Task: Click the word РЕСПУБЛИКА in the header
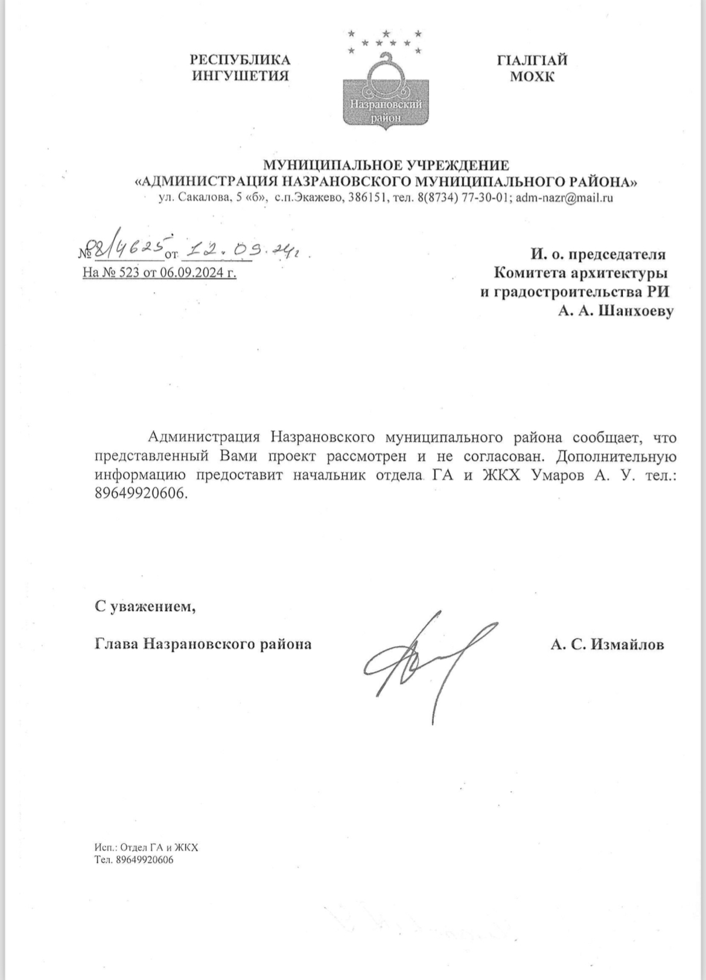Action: pos(240,60)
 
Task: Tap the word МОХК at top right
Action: pos(532,77)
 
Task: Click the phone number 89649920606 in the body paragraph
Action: pos(141,494)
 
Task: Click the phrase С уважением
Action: pos(145,606)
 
